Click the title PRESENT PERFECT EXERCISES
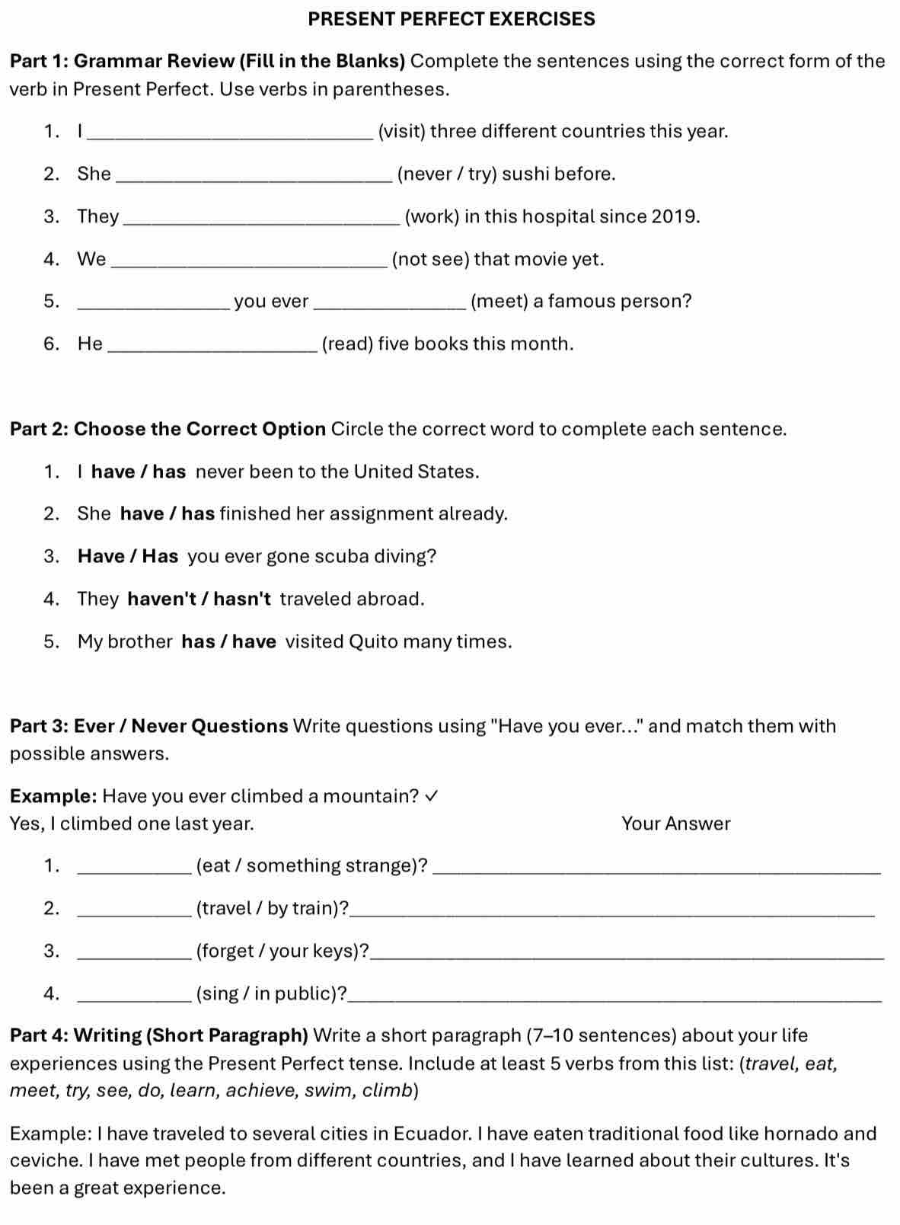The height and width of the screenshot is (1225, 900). pyautogui.click(x=452, y=19)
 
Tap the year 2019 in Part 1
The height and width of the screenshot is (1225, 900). pyautogui.click(x=675, y=217)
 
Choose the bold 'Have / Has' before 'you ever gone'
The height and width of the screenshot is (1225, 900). pyautogui.click(x=128, y=556)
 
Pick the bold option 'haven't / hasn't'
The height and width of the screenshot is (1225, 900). pyautogui.click(x=199, y=599)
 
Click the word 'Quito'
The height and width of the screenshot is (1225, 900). pyautogui.click(x=373, y=641)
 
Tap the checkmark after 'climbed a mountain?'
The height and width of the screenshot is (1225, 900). pyautogui.click(x=431, y=796)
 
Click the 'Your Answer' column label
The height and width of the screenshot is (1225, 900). pyautogui.click(x=675, y=824)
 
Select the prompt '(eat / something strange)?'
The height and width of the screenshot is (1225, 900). pyautogui.click(x=312, y=866)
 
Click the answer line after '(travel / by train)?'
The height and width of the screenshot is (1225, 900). pyautogui.click(x=613, y=912)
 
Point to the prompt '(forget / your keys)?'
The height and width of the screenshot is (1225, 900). pyautogui.click(x=283, y=952)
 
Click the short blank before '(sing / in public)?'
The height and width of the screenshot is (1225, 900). pyautogui.click(x=135, y=997)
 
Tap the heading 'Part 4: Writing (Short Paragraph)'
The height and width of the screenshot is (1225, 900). pyautogui.click(x=159, y=1036)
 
